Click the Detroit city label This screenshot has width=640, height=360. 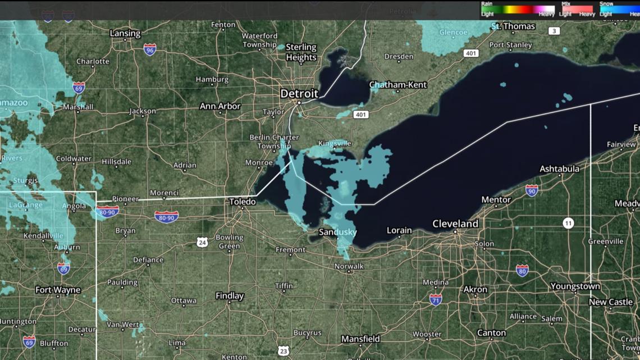(x=299, y=93)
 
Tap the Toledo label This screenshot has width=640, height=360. (x=243, y=201)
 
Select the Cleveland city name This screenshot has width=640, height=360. (x=455, y=224)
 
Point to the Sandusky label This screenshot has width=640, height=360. (x=337, y=232)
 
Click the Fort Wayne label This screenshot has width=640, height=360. (x=58, y=290)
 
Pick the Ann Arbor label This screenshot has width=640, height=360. (x=220, y=106)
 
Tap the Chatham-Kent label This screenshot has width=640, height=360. (x=398, y=85)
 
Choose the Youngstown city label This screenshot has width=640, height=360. (x=575, y=286)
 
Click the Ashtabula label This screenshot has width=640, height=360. (x=559, y=169)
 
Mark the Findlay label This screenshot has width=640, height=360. (x=230, y=295)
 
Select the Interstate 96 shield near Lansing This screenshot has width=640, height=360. (x=149, y=49)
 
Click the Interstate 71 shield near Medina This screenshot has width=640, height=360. (x=435, y=299)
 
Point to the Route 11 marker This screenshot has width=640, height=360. (x=569, y=224)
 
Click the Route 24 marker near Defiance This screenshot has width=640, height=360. (x=202, y=242)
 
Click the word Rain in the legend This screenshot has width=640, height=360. (x=487, y=4)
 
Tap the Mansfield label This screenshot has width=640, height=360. (x=360, y=339)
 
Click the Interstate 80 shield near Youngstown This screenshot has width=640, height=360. (x=522, y=271)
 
